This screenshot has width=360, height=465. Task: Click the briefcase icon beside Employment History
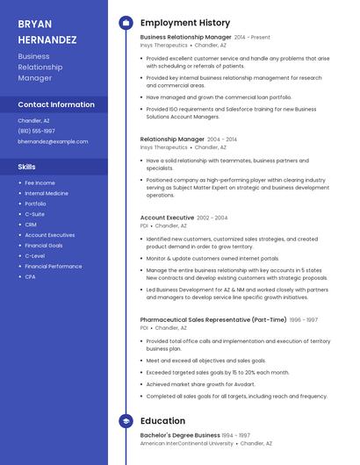click(x=126, y=23)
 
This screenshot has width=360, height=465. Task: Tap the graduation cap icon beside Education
click(x=126, y=421)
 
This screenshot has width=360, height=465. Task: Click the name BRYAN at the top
click(x=34, y=24)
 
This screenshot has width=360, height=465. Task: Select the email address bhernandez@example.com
click(x=53, y=141)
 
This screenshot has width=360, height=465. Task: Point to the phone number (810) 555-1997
click(x=36, y=131)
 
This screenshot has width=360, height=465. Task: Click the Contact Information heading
click(x=56, y=104)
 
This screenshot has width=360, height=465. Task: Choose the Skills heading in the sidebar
click(x=27, y=166)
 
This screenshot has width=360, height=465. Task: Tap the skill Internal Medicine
click(x=47, y=193)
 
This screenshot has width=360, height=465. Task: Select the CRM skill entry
click(x=31, y=225)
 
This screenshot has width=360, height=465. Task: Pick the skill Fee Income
click(x=40, y=182)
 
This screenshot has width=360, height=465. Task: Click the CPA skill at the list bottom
click(x=30, y=276)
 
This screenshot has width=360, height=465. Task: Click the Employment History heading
click(x=185, y=23)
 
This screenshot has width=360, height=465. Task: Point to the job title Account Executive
click(x=167, y=218)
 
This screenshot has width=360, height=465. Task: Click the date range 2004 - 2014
click(x=222, y=139)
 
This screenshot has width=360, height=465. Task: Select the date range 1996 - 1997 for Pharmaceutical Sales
click(x=304, y=320)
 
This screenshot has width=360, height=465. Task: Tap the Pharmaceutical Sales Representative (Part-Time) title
click(x=213, y=320)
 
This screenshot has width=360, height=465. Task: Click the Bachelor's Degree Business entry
click(x=180, y=435)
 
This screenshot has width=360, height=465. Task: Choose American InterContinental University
click(x=186, y=444)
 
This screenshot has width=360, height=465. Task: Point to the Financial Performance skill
click(x=54, y=266)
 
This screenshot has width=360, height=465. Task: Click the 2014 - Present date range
click(x=252, y=38)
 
